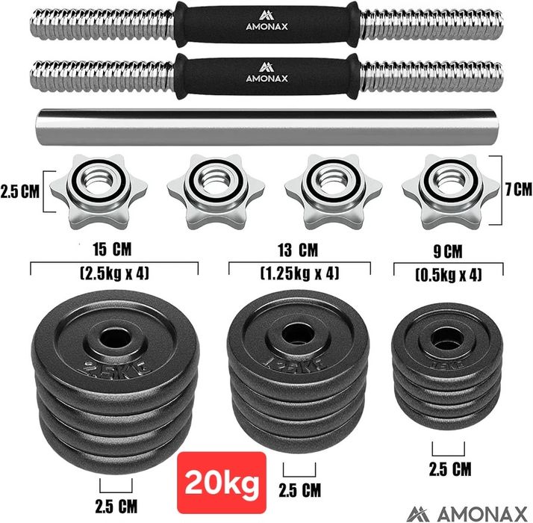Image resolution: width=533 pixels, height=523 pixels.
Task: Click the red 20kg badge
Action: (x=222, y=482)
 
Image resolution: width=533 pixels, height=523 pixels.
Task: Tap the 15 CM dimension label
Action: (x=112, y=250)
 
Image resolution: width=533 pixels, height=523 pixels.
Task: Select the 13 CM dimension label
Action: (x=298, y=250)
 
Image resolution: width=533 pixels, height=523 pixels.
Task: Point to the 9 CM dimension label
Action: (x=448, y=252)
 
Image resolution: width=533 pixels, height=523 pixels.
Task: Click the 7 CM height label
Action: (x=518, y=189)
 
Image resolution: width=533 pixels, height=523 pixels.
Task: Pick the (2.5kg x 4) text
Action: (x=114, y=273)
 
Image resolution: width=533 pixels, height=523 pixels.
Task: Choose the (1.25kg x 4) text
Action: (x=300, y=273)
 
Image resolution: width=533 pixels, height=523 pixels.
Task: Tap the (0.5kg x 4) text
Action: (x=449, y=275)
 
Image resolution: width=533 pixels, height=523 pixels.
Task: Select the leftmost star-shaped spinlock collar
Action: (x=99, y=191)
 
